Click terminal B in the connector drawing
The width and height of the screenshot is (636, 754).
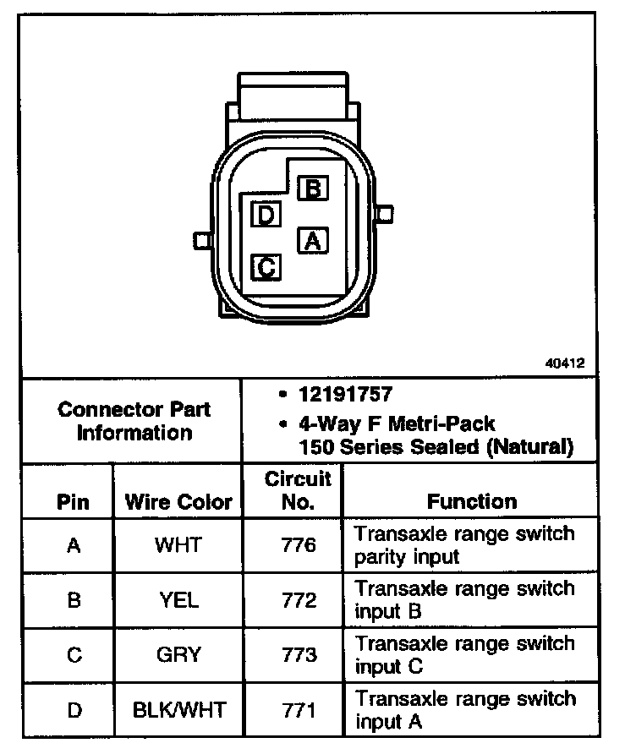(313, 188)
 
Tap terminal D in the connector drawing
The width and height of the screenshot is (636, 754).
(266, 215)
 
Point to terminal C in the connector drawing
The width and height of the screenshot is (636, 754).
(266, 268)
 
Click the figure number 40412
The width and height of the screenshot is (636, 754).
(563, 363)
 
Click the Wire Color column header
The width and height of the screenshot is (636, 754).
(178, 502)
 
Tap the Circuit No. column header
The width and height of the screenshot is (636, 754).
(298, 490)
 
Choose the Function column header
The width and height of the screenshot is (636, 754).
(471, 501)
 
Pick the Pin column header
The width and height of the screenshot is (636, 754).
(73, 502)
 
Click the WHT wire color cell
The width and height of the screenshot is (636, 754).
(178, 545)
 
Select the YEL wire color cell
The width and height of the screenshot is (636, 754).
(178, 600)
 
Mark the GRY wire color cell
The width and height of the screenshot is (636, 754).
(178, 655)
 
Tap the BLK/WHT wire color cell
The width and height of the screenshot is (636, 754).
(179, 709)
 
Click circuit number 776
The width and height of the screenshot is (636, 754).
(298, 545)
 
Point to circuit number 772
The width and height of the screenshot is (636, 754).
(298, 600)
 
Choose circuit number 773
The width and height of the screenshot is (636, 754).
(298, 655)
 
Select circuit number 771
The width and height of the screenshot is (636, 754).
(298, 709)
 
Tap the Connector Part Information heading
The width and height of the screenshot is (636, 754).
(134, 421)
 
